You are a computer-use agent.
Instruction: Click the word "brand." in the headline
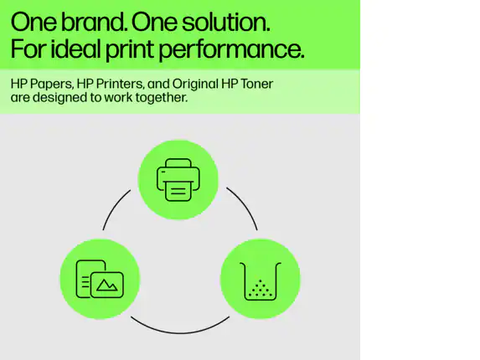(x=95, y=22)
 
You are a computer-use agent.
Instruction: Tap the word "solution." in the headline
(x=226, y=22)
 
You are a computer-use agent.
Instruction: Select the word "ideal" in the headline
(x=75, y=49)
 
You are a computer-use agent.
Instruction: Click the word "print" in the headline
(x=129, y=50)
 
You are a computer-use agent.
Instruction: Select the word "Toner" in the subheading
(x=256, y=84)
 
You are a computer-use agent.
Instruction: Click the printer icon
(x=178, y=180)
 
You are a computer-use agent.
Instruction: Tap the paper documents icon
(x=100, y=279)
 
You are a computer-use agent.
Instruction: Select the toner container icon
(x=261, y=280)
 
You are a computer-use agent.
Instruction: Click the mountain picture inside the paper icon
(x=107, y=285)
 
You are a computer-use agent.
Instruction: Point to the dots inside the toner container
(x=261, y=289)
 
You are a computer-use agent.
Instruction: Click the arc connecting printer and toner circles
(x=245, y=205)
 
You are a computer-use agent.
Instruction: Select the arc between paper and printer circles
(x=114, y=208)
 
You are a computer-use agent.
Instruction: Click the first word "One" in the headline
(x=34, y=22)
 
